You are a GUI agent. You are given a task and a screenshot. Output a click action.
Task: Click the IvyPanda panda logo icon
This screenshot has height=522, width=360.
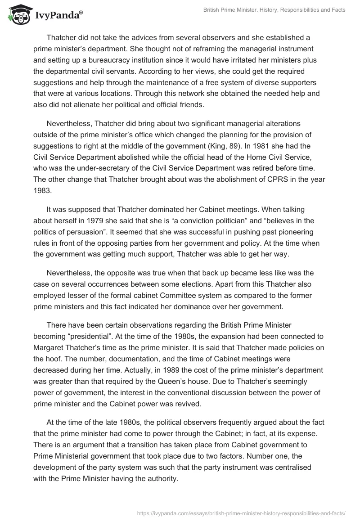pyautogui.click(x=18, y=14)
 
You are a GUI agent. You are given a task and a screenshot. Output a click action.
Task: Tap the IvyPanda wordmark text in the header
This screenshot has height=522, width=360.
pyautogui.click(x=58, y=15)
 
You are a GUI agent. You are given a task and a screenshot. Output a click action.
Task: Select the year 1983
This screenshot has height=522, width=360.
pyautogui.click(x=43, y=189)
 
